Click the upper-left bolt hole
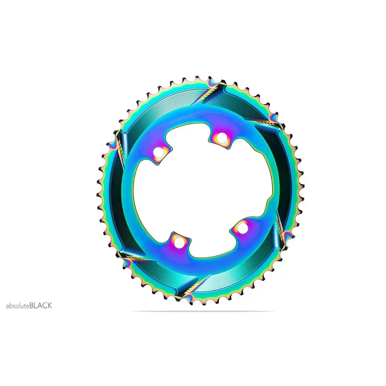(158, 152)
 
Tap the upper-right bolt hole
(221, 137)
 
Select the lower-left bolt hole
(178, 243)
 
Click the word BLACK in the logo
(41, 306)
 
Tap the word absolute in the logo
(18, 306)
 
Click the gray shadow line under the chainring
(202, 312)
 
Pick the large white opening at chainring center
(202, 195)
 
